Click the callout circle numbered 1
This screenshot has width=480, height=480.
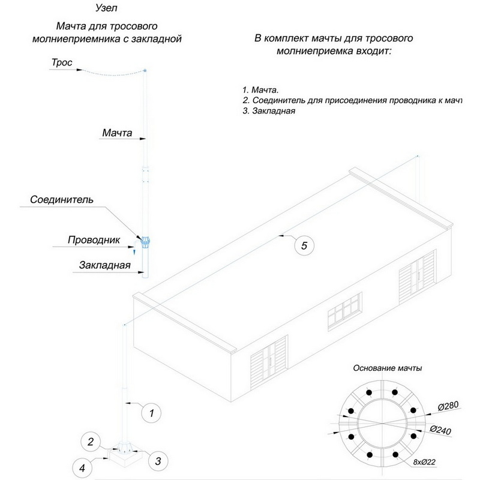point(152,413)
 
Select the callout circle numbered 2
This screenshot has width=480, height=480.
point(91,443)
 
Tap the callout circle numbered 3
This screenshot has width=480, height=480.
point(158,461)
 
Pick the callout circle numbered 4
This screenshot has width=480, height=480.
point(83,466)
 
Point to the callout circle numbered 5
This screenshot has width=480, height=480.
point(304,245)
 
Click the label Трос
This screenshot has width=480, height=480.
point(62,62)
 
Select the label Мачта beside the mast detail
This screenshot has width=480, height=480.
point(117,133)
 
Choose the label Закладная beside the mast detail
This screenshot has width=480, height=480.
point(104,266)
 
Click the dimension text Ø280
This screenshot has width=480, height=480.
point(448,406)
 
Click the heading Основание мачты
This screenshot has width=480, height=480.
point(387,368)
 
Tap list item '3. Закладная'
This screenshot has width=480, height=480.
point(269,111)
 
